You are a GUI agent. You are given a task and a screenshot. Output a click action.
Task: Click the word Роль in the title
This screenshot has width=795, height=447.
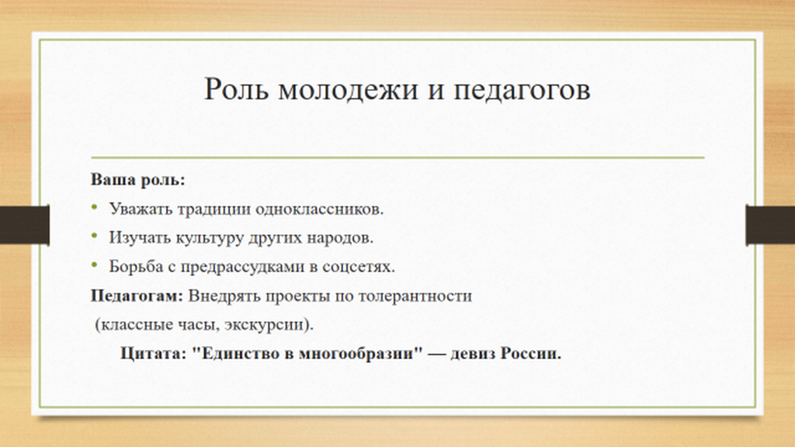click(x=236, y=89)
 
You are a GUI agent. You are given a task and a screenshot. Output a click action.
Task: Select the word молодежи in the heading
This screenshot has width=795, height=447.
click(x=349, y=89)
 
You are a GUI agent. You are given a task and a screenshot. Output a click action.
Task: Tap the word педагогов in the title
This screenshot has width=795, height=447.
click(x=522, y=90)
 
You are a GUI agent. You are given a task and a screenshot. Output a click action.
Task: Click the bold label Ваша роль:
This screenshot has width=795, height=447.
click(x=138, y=179)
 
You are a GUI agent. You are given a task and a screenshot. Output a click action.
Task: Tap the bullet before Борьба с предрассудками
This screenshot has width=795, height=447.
click(x=94, y=264)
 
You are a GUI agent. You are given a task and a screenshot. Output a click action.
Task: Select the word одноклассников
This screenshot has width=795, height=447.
click(x=319, y=209)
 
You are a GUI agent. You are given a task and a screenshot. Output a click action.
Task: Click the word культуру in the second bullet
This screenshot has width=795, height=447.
click(x=210, y=238)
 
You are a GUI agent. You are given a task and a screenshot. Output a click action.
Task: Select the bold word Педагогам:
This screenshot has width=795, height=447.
click(x=137, y=296)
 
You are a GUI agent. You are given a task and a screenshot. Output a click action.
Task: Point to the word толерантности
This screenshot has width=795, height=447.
click(x=415, y=296)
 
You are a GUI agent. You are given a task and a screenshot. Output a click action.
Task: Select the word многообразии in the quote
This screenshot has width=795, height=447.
click(x=360, y=354)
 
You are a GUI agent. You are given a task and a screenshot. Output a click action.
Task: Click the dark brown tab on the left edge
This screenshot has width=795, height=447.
click(x=24, y=224)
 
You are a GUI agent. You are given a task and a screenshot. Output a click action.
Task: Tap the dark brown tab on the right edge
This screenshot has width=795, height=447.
click(x=770, y=224)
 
